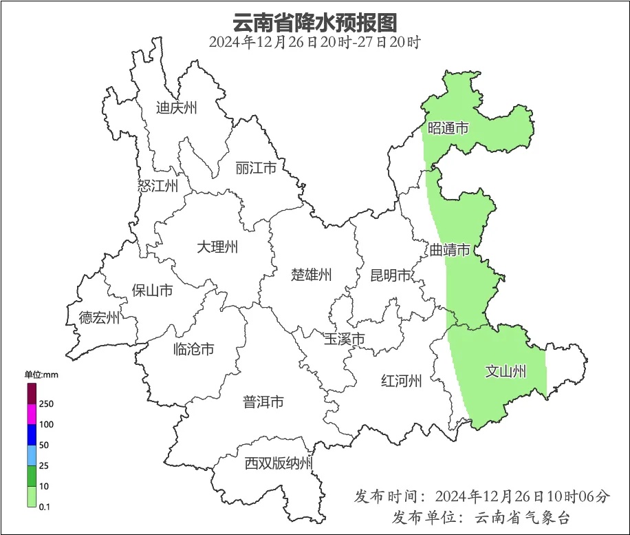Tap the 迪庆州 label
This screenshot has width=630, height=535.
click(176, 107)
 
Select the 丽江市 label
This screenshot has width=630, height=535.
click(255, 168)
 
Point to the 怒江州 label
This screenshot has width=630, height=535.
click(157, 185)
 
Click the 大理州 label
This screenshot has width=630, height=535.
click(217, 246)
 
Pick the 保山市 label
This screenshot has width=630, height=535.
click(152, 291)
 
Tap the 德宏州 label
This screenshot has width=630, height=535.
click(99, 317)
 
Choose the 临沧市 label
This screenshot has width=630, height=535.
click(193, 349)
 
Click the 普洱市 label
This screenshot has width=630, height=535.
click(263, 401)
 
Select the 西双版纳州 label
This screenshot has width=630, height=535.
click(279, 463)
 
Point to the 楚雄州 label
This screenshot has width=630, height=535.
click(312, 275)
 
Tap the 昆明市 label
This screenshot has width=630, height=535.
click(390, 276)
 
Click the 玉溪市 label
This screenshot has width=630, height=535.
click(345, 339)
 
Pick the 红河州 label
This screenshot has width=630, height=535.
click(401, 381)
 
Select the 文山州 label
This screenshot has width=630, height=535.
click(506, 372)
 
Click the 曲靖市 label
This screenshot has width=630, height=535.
click(450, 249)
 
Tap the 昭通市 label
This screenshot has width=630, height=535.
click(448, 128)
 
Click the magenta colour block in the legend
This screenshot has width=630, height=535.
click(32, 415)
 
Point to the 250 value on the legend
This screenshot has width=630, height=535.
click(47, 403)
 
